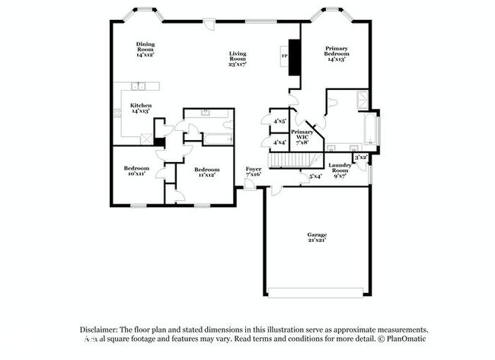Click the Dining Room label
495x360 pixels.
[145, 49]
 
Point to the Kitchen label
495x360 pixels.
[140, 107]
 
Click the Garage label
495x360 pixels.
[316, 237]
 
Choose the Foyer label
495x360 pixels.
[253, 171]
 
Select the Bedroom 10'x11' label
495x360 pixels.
[137, 171]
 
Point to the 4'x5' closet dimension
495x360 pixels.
[279, 120]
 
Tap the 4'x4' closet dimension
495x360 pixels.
[279, 142]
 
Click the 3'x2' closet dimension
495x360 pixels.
[361, 157]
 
